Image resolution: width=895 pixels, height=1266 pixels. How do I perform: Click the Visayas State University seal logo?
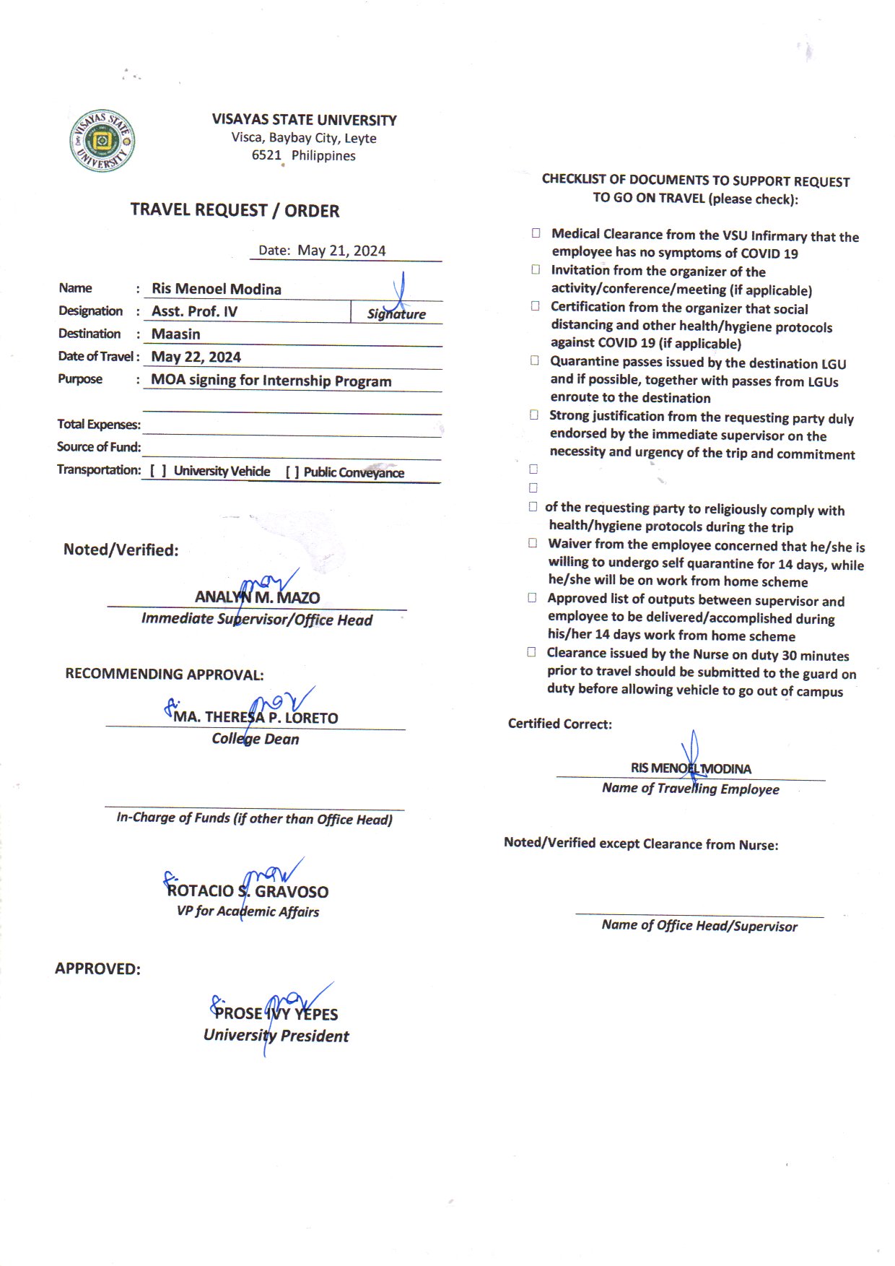click(x=102, y=141)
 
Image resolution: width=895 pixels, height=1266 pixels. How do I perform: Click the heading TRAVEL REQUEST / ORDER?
click(x=235, y=210)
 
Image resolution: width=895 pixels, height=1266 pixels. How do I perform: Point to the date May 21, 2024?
click(x=341, y=251)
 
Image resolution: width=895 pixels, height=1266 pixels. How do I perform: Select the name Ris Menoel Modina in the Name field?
click(x=216, y=289)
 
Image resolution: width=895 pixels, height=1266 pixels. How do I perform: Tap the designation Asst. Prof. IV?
click(x=194, y=311)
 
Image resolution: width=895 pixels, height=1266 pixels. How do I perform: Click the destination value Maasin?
click(x=175, y=334)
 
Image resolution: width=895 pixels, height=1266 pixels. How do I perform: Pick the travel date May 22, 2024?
click(x=196, y=357)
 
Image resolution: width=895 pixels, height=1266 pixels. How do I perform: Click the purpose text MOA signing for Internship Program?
click(x=271, y=381)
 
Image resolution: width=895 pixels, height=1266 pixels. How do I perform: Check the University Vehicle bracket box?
click(x=158, y=471)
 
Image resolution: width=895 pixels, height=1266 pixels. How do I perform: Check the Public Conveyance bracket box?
click(x=292, y=472)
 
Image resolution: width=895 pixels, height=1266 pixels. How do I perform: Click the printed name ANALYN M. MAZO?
click(x=257, y=597)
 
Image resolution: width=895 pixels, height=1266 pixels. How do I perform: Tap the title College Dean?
click(x=255, y=739)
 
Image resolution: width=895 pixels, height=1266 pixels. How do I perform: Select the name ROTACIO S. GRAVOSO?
click(x=248, y=891)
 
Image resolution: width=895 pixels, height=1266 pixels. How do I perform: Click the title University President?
click(x=276, y=1036)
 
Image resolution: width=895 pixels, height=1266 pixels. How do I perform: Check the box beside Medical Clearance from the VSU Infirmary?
click(x=536, y=233)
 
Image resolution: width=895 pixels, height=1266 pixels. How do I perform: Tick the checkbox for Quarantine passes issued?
click(x=534, y=360)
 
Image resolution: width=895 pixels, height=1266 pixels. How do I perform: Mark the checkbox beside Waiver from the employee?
click(x=532, y=543)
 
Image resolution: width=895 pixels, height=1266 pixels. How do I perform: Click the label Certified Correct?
click(x=559, y=724)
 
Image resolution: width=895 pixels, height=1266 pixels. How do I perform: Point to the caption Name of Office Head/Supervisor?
click(x=699, y=925)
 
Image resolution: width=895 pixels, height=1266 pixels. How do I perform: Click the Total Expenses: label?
click(x=99, y=425)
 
